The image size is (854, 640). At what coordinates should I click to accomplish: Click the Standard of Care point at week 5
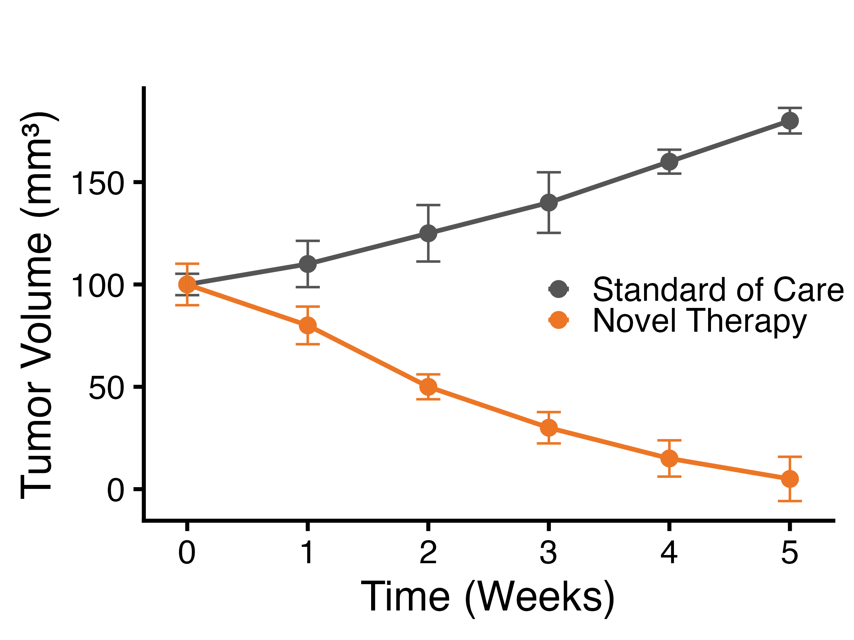pos(790,121)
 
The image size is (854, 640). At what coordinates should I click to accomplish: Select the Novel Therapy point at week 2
pos(428,386)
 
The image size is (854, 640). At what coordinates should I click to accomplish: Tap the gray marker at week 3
pos(549,203)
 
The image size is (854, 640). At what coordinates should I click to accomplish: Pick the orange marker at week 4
pos(669,458)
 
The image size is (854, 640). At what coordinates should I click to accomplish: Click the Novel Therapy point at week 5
pos(790,479)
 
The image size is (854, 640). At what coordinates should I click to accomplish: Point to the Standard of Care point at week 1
pos(308,264)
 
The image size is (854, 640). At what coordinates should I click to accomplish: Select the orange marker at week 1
pos(308,325)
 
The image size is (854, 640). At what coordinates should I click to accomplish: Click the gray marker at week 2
pos(428,233)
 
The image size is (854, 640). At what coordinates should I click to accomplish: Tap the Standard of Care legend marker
pos(558,289)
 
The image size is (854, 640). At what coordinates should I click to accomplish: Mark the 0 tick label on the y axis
pos(115,491)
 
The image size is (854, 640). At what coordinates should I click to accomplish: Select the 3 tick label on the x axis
pos(549,553)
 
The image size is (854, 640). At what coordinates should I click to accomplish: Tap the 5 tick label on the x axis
pos(790,553)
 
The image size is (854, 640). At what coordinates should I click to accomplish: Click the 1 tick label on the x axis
pos(308,553)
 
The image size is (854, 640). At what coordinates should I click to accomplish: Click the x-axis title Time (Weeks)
pos(487,597)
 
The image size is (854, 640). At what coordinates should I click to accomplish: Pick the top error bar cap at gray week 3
pos(549,172)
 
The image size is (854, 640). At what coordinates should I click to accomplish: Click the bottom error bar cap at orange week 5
pos(790,501)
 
